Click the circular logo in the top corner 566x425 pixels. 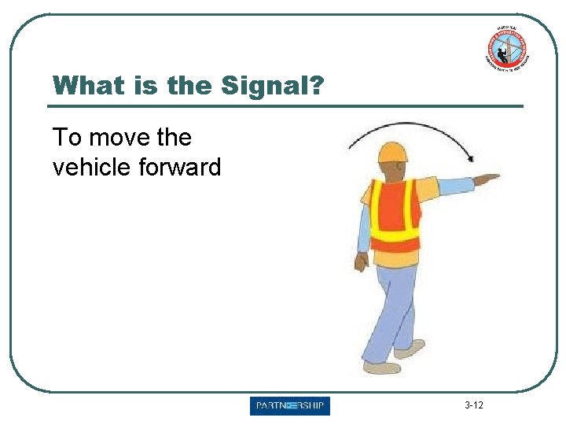point(505,48)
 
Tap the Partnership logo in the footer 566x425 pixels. point(290,406)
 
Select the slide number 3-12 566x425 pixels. point(474,406)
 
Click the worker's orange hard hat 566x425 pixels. point(392,151)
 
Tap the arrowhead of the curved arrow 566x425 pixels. point(470,158)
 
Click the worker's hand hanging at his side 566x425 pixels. point(361,262)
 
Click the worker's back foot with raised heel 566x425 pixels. point(410,348)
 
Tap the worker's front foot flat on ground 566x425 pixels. point(382,368)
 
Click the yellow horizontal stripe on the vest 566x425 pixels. point(395,235)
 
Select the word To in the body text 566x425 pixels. point(67,138)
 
